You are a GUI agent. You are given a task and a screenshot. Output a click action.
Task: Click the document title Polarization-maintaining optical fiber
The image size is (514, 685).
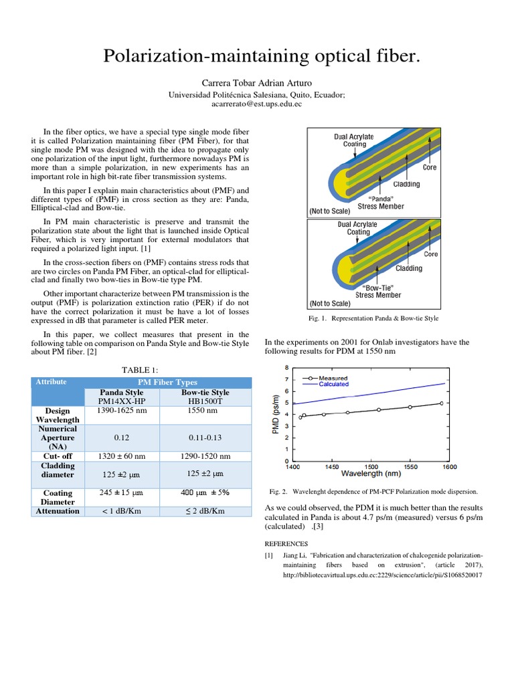(262, 58)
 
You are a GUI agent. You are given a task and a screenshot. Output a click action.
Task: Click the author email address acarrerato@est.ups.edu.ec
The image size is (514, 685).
(257, 104)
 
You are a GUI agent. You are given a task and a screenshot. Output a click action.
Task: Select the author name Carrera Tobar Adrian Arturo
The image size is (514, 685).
(257, 83)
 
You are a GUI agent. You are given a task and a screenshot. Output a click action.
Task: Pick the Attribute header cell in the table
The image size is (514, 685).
(51, 382)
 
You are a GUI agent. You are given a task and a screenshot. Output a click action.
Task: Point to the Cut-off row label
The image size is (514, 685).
(58, 456)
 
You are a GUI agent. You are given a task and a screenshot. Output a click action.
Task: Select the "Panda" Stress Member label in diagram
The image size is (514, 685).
(388, 202)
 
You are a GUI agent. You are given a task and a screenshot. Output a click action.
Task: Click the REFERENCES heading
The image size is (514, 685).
(286, 544)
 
